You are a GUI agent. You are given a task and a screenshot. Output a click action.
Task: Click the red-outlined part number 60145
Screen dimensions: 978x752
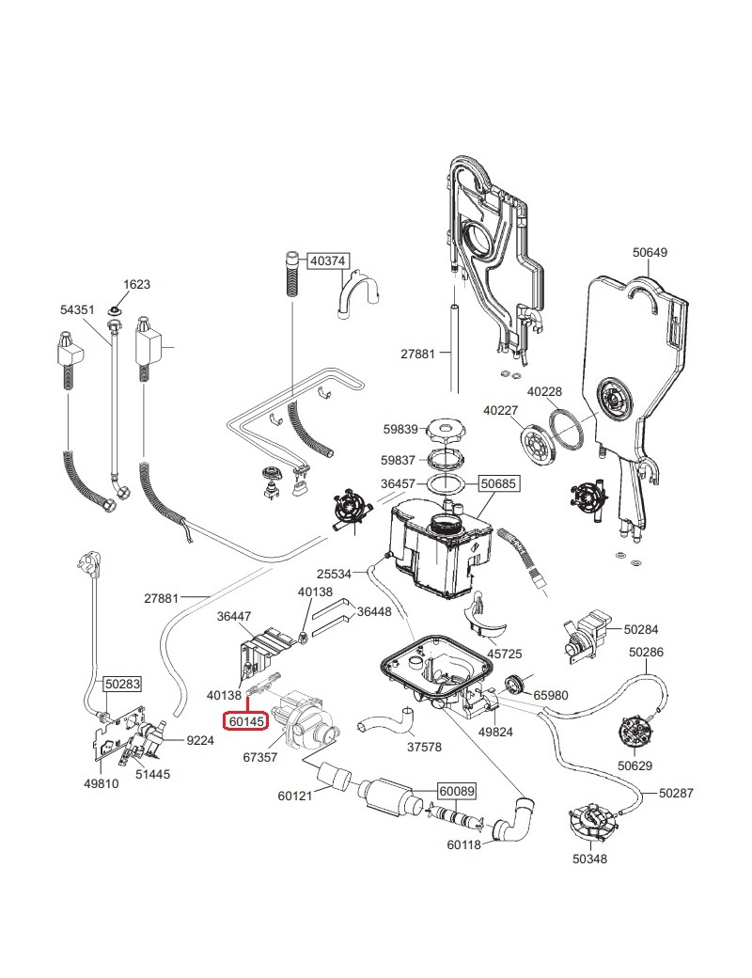[x=244, y=721]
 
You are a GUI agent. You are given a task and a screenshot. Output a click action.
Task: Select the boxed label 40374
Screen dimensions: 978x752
[x=329, y=260]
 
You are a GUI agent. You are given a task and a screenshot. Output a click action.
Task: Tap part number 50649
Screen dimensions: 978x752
[x=650, y=252]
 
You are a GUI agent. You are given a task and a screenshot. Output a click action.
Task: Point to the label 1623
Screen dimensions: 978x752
[x=136, y=284]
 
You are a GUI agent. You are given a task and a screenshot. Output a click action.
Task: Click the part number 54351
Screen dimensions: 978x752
[x=78, y=308]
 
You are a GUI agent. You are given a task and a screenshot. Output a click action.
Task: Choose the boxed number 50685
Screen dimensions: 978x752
[x=498, y=484]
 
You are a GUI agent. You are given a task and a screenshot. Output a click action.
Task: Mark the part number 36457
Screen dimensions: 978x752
[x=399, y=484]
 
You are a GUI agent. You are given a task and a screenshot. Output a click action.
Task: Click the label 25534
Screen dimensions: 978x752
[x=335, y=573]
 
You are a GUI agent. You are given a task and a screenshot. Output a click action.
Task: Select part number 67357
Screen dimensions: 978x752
[x=259, y=756]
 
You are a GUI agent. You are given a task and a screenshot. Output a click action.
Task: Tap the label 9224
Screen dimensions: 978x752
[x=200, y=740]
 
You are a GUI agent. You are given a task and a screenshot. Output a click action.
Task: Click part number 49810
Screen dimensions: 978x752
[x=102, y=783]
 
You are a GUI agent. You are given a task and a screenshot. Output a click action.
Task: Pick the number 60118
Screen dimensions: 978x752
[x=465, y=844]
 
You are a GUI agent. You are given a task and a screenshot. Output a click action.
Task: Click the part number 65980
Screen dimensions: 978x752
[x=552, y=695]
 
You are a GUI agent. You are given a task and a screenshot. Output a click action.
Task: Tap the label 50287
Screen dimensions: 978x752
[x=675, y=794]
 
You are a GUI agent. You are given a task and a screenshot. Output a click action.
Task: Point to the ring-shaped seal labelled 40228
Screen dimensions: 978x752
[x=566, y=430]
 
